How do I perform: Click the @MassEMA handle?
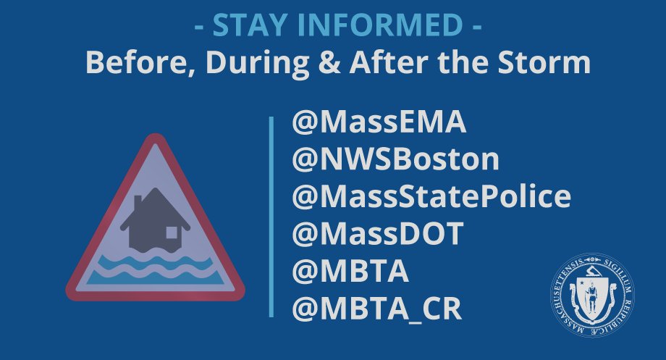point(379,123)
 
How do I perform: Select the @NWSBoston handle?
point(395,160)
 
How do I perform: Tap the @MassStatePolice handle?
point(431,197)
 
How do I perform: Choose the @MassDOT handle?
point(377,234)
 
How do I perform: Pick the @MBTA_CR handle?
point(376,309)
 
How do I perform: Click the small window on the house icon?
point(172,233)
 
